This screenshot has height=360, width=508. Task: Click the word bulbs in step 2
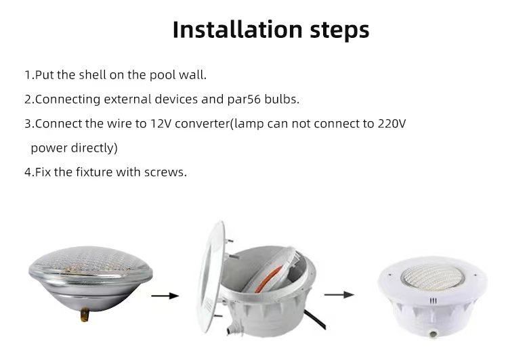pos(280,99)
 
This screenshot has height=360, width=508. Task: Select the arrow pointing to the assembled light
pos(339,295)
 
